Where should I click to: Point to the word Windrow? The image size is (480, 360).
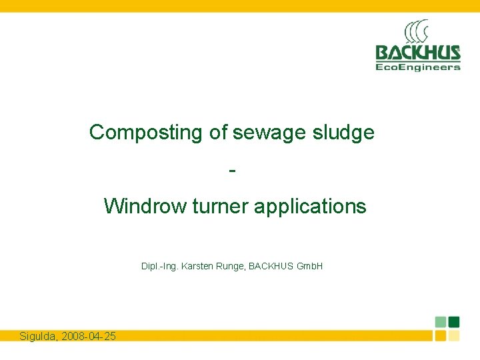click(145, 206)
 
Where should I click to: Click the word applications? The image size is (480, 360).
click(309, 206)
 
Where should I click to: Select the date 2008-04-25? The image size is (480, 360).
click(88, 336)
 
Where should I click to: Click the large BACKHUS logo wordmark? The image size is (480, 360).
click(418, 53)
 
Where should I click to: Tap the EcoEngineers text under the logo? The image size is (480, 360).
click(418, 67)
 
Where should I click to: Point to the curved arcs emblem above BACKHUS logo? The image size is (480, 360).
click(416, 32)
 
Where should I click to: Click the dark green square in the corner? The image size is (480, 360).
click(454, 321)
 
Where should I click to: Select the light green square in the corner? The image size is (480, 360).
click(441, 321)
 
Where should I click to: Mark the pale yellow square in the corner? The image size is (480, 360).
click(454, 335)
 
